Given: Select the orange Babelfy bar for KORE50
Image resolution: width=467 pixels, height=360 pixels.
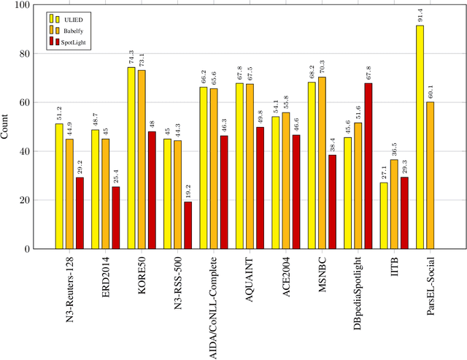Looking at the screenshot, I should point(142,159).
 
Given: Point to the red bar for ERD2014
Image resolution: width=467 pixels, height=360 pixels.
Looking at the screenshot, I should point(116,218).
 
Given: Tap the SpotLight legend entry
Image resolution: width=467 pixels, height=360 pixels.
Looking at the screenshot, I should point(72,43).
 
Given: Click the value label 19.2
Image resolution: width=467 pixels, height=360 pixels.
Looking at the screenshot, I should point(188,191).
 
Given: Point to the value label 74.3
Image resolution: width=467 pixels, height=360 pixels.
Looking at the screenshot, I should point(131,56).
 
